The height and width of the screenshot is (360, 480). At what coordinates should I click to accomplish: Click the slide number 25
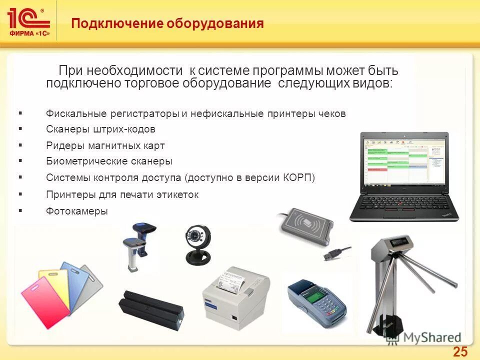(460, 351)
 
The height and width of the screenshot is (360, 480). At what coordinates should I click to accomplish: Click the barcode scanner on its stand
(137, 245)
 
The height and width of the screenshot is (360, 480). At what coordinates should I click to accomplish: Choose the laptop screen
(403, 163)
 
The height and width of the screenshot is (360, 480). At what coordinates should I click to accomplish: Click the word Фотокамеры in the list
(76, 211)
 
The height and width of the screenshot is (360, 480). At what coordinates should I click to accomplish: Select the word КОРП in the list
(298, 177)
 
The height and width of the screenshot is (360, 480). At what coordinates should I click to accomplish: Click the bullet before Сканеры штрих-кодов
(20, 128)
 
